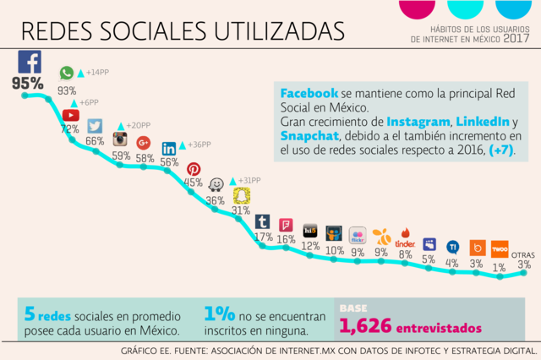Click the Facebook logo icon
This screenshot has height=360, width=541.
click(30, 62)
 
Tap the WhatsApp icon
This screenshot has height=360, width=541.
click(67, 74)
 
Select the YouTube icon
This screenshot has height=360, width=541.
click(71, 115)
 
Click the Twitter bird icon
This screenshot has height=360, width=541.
click(95, 126)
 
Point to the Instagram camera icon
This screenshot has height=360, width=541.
click(121, 139)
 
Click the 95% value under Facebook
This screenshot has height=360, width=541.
click(27, 83)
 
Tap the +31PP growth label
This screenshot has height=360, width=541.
click(249, 180)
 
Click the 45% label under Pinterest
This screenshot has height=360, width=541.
click(194, 183)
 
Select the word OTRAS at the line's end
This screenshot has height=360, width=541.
click(523, 254)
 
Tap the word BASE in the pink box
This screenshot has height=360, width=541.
click(353, 308)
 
